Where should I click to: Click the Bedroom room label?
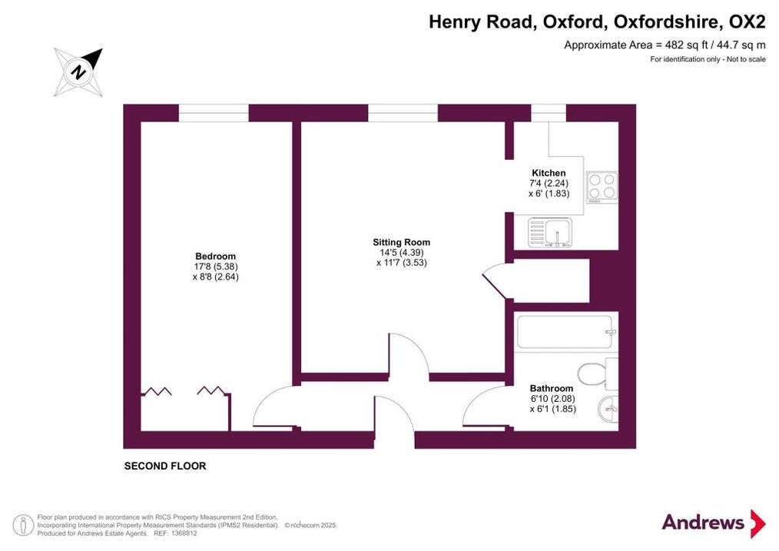(216, 257)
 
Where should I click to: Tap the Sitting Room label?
(402, 243)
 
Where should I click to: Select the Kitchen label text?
(549, 173)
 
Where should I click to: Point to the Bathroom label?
(552, 389)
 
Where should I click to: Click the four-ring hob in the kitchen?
(602, 186)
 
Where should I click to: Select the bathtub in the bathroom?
(566, 332)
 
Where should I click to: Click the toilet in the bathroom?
(598, 374)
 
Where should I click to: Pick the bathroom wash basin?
(608, 410)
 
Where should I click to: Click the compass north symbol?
(78, 72)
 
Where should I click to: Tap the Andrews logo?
(714, 523)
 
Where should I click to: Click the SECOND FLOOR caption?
(165, 466)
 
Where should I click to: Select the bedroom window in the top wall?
(214, 113)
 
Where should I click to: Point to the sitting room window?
(403, 113)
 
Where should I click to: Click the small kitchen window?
(549, 113)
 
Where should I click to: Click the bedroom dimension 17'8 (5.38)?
(216, 267)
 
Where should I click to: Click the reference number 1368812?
(184, 533)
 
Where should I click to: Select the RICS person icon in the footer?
(22, 526)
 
